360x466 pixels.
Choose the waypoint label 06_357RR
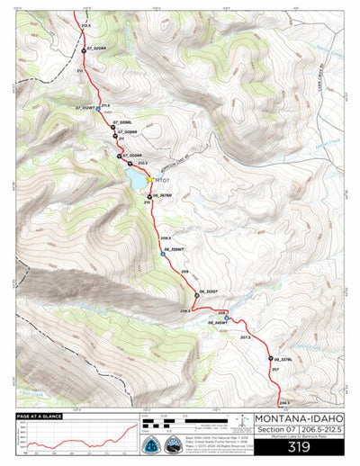pos(162,195)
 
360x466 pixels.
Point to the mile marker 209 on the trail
pos(185,272)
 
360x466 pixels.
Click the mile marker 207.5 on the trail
pos(245,337)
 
